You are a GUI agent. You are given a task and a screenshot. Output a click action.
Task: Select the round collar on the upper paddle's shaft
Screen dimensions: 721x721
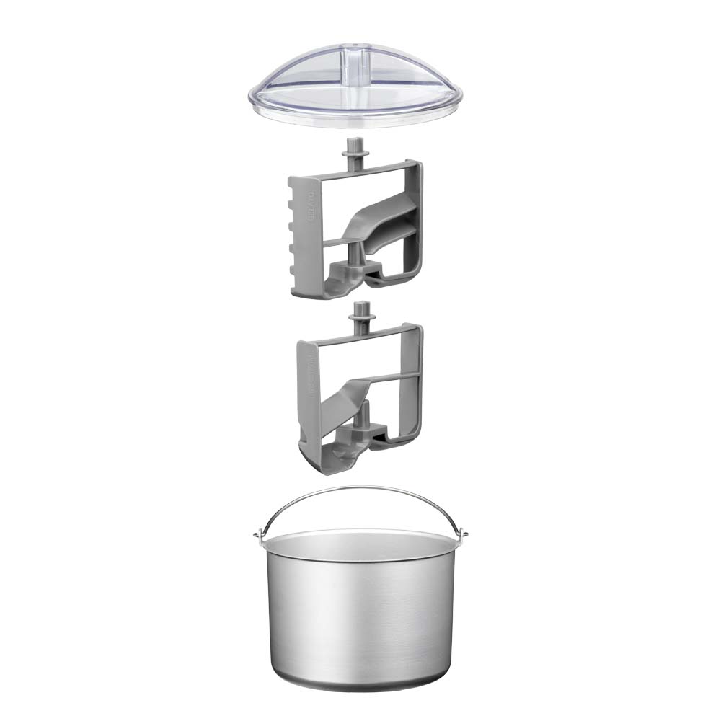(x=355, y=156)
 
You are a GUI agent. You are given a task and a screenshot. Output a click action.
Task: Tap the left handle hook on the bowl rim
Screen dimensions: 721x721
(x=257, y=534)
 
